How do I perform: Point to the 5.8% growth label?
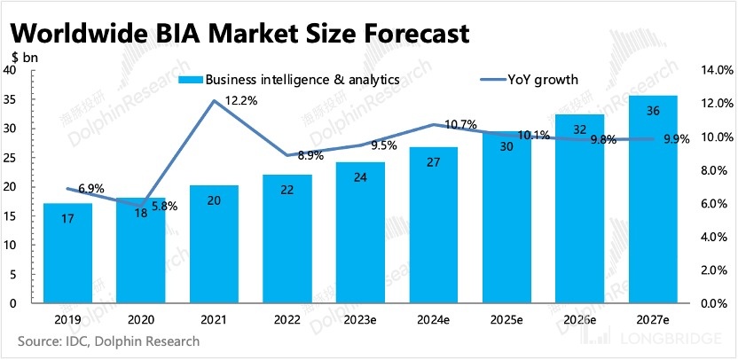[x=164, y=206]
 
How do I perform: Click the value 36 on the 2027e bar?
[x=653, y=110]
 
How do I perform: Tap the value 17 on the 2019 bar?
[x=67, y=217]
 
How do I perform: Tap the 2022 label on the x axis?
[x=287, y=318]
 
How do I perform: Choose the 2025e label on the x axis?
[x=506, y=318]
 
